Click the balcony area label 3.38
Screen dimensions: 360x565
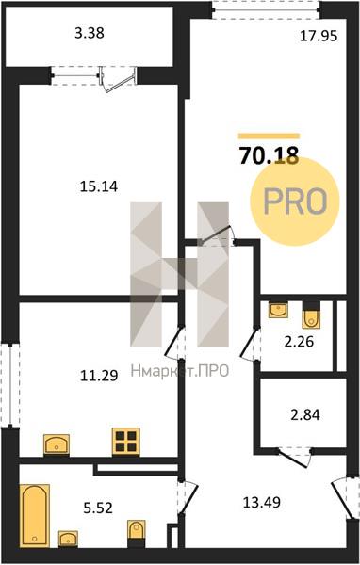coord(90,33)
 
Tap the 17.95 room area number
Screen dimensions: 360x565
coord(319,36)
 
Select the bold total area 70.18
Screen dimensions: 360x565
coord(270,155)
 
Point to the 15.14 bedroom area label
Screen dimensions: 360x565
coord(99,186)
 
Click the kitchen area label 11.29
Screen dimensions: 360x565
coord(99,376)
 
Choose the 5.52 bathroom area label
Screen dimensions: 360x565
coord(98,508)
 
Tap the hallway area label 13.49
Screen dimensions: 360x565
coord(262,502)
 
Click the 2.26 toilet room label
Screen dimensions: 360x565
coord(299,342)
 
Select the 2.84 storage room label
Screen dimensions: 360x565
coord(305,414)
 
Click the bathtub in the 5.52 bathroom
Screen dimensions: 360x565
coord(35,515)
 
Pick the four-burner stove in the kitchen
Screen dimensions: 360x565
coord(126,441)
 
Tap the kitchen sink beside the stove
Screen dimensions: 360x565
coord(57,444)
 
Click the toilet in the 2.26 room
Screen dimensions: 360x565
coord(311,316)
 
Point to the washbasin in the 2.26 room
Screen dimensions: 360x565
coord(278,310)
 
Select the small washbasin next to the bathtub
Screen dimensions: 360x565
coord(68,539)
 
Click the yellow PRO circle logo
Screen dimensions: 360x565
coord(295,202)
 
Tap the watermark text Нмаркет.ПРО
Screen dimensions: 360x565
coord(180,371)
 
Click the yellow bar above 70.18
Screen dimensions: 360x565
coord(270,137)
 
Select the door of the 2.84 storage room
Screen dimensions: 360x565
coord(294,457)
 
